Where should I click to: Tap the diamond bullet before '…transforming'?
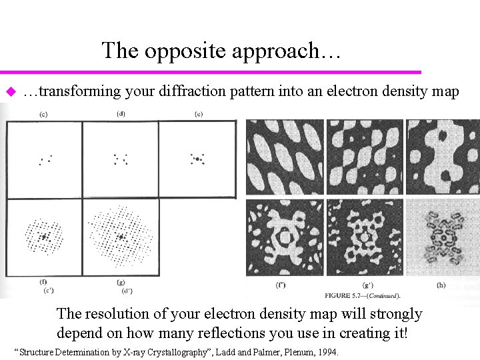coord(9,91)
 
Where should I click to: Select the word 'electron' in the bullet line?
coord(351,91)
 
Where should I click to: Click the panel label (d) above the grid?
coord(121,113)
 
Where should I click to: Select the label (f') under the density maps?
coord(282,285)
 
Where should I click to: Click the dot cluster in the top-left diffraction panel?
coord(45,159)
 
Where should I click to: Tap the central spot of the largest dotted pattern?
coord(121,236)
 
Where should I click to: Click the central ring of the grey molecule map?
coord(443,237)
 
